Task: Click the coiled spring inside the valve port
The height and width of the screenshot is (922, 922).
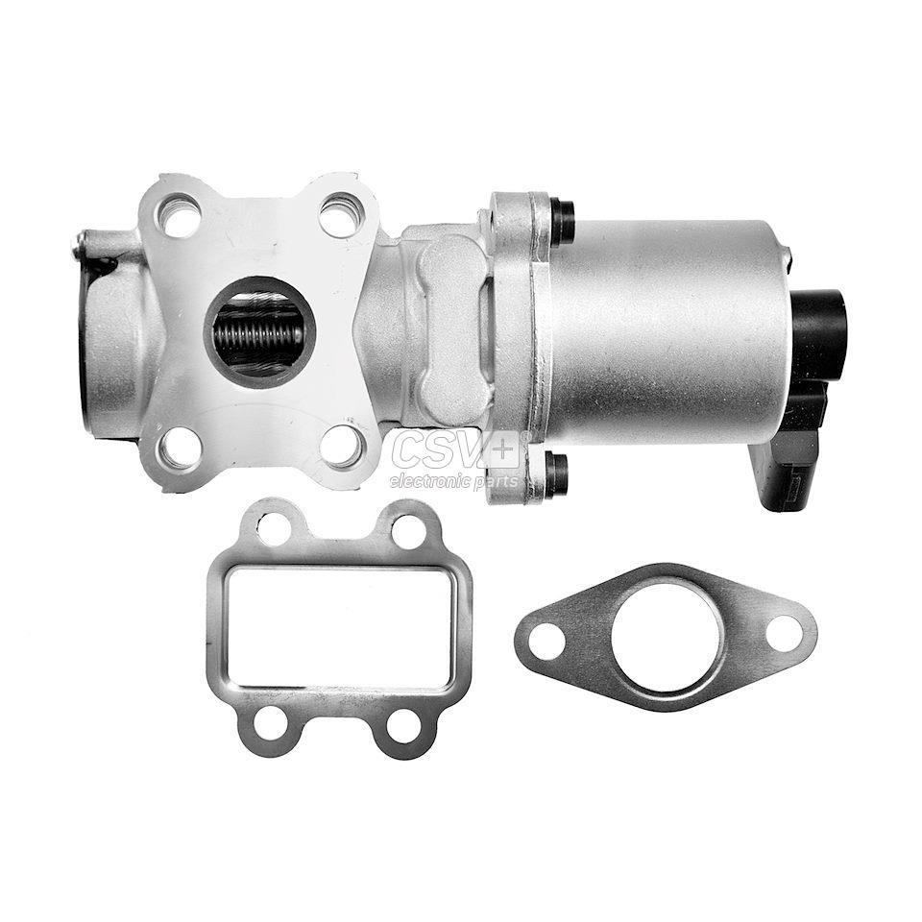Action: point(259,333)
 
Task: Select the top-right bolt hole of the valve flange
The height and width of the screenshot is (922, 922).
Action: point(341,214)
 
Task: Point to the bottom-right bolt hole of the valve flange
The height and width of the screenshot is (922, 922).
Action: point(341,447)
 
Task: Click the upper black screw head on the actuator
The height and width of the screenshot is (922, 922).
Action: point(562,221)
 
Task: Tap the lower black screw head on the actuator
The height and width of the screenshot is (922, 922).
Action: point(556,473)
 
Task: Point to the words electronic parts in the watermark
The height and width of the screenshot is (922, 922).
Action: point(453,481)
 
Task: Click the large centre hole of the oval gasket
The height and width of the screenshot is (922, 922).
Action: point(667,635)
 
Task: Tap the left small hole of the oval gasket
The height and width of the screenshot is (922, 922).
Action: point(546,642)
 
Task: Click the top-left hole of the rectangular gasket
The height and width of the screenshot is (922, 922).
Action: point(274,528)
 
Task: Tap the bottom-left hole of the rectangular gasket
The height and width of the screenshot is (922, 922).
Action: point(271,722)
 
